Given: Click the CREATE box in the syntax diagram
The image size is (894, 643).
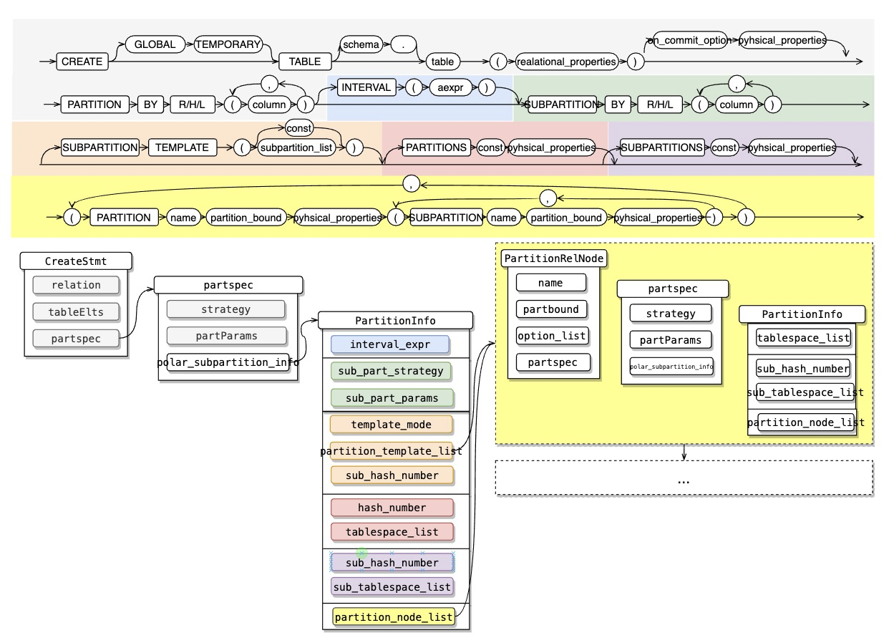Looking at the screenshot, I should click(x=82, y=62).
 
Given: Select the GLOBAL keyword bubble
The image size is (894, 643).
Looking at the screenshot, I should click(x=155, y=44).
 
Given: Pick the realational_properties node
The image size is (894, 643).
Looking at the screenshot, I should click(x=567, y=62).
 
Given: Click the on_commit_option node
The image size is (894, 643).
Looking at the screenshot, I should click(x=688, y=41).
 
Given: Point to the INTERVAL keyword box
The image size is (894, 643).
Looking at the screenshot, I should click(x=366, y=87).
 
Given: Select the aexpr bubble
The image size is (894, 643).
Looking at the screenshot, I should click(x=448, y=87).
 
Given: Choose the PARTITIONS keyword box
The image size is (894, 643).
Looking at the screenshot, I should click(x=436, y=148).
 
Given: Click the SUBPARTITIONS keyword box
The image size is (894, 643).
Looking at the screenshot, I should click(x=661, y=148).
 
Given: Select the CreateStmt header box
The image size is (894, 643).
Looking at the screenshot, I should click(x=77, y=261).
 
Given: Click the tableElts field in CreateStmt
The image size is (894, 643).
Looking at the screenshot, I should click(x=76, y=311).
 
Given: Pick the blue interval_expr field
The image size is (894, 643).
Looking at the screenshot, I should click(x=389, y=344).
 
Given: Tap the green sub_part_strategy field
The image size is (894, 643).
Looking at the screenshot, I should click(x=391, y=372).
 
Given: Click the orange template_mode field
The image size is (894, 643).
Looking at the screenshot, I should click(x=391, y=424).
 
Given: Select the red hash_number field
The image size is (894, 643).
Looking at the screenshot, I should click(x=392, y=508).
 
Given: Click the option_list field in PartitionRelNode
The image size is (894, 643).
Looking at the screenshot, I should click(x=550, y=335).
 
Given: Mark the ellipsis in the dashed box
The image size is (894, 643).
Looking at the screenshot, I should click(x=684, y=480).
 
